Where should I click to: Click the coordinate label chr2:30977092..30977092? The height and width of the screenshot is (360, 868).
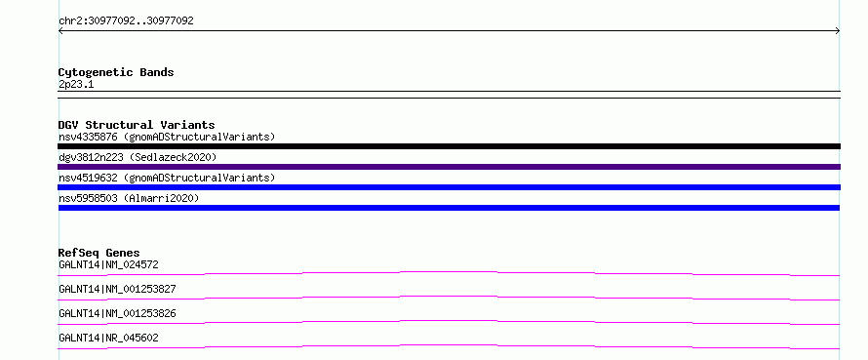(126, 21)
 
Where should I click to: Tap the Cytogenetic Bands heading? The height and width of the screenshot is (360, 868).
(116, 72)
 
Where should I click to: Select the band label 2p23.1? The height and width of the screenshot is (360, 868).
(76, 84)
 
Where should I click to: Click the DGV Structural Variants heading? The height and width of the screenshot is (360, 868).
(137, 125)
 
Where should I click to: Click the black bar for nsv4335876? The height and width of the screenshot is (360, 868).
(449, 146)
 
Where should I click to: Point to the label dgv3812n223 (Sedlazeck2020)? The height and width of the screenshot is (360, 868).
(138, 157)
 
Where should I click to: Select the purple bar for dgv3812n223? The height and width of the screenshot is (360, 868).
(449, 167)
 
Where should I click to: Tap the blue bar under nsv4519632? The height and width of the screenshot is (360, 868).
(449, 187)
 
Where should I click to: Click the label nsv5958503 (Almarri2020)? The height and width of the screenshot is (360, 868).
(129, 198)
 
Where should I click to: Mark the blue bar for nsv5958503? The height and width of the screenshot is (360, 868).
(449, 208)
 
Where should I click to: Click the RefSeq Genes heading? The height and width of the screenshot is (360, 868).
(99, 253)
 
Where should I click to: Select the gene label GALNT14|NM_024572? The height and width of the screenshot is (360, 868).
(108, 264)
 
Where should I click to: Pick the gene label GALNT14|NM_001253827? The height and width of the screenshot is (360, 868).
(117, 289)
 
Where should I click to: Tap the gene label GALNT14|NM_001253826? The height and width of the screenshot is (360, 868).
(117, 313)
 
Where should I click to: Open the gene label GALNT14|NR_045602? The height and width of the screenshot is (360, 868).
(108, 338)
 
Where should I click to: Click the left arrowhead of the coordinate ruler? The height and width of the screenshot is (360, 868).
(59, 31)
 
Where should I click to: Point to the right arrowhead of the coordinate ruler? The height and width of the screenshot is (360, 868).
(839, 31)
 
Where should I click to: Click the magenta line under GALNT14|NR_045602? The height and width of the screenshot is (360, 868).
(449, 345)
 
